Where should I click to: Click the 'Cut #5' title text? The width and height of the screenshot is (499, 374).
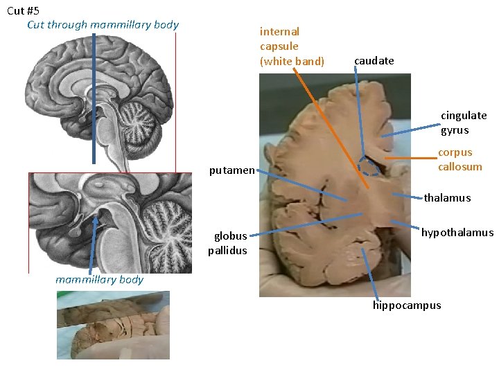coord(24,10)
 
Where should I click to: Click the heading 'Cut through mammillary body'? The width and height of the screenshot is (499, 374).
coord(103,25)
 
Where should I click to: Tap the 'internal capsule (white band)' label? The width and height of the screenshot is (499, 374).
coord(291,46)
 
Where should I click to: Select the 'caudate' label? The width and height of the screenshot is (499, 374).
coord(374,61)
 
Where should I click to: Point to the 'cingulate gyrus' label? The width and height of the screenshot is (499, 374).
coord(463,123)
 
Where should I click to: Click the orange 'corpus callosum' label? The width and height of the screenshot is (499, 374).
coord(459,159)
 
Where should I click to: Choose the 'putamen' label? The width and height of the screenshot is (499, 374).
coord(231,170)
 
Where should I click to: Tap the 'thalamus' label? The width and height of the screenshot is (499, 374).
coord(447,198)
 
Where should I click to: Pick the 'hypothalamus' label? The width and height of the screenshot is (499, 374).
coord(457,233)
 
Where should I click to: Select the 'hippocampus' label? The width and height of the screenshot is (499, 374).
coord(406,305)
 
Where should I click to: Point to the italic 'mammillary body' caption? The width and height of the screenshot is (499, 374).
coord(99,280)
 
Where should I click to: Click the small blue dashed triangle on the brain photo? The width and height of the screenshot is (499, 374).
coord(368,166)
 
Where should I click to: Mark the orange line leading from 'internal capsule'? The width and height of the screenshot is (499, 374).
coord(333,125)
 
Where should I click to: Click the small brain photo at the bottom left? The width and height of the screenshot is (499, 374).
coord(113,325)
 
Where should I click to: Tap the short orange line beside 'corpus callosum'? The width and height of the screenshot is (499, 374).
coord(409,159)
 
